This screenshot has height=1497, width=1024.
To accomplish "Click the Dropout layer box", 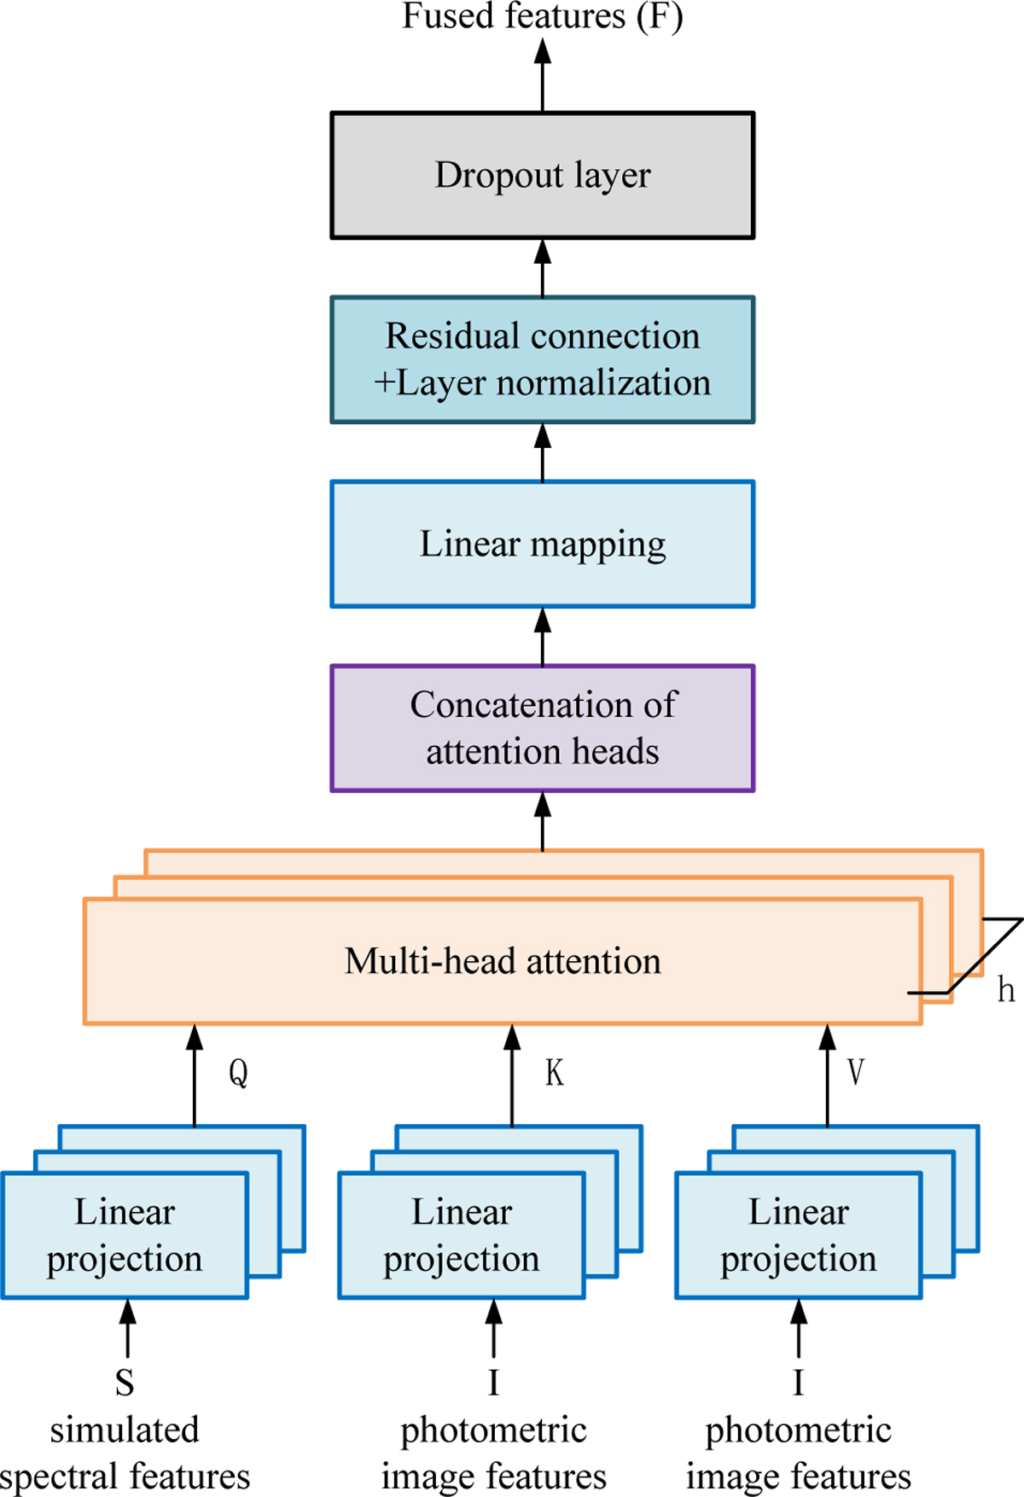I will click(543, 175).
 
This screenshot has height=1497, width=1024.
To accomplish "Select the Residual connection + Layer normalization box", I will click(543, 359).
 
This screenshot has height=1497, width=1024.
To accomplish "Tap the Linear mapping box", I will click(543, 544).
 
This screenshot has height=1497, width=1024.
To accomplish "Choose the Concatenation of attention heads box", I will click(543, 728).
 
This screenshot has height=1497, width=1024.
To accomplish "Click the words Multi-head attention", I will click(503, 961).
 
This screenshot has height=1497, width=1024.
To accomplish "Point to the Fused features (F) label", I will click(543, 16).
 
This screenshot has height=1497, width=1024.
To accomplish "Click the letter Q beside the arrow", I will click(238, 1072).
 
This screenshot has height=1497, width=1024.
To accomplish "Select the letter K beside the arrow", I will click(555, 1072).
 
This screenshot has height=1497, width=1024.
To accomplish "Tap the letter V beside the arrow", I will click(855, 1072).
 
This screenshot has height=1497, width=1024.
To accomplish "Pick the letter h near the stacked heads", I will click(1006, 990).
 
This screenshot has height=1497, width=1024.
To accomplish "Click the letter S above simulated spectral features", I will click(125, 1383).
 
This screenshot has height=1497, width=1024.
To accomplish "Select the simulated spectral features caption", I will click(125, 1453).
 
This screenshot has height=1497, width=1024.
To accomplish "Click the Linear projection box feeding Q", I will click(125, 1235).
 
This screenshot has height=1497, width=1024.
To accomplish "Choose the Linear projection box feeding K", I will click(462, 1235).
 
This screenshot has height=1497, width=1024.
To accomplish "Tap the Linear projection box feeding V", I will click(799, 1235).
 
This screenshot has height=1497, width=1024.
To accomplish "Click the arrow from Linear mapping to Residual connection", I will click(543, 452).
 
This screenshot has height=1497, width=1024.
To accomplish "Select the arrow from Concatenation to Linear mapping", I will click(543, 637).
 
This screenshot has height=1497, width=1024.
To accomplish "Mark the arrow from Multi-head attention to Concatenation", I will click(543, 821).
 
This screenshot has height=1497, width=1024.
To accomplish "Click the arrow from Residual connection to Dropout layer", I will click(543, 267).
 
